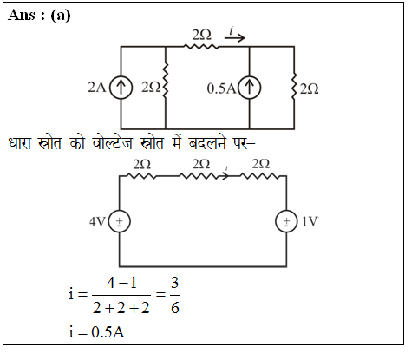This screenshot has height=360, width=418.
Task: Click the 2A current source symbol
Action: [121, 88]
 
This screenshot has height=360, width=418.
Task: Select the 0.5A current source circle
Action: [250, 88]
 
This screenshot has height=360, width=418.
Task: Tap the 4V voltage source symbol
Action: [119, 221]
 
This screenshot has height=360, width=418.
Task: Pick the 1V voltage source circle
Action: [286, 221]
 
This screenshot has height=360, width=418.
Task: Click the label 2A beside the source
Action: [97, 87]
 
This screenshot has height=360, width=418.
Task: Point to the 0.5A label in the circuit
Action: [221, 88]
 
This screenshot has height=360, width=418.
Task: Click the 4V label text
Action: [97, 222]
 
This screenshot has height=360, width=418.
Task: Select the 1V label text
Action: [310, 221]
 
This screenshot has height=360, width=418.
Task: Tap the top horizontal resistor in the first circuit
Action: [201, 46]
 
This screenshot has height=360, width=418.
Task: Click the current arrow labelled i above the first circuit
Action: [235, 37]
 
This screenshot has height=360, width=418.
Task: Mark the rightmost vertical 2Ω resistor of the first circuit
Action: [294, 86]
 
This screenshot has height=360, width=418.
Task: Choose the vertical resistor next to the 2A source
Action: [166, 80]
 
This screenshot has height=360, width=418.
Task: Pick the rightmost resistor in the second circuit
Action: [260, 176]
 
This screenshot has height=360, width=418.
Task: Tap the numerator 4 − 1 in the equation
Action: [121, 283]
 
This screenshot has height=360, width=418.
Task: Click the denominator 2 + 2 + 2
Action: [121, 308]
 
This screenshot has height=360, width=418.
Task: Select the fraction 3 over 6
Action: [175, 295]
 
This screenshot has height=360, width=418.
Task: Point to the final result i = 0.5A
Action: [96, 331]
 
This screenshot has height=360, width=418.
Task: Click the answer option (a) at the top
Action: [61, 16]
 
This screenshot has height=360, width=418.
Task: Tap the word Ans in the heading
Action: [22, 15]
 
